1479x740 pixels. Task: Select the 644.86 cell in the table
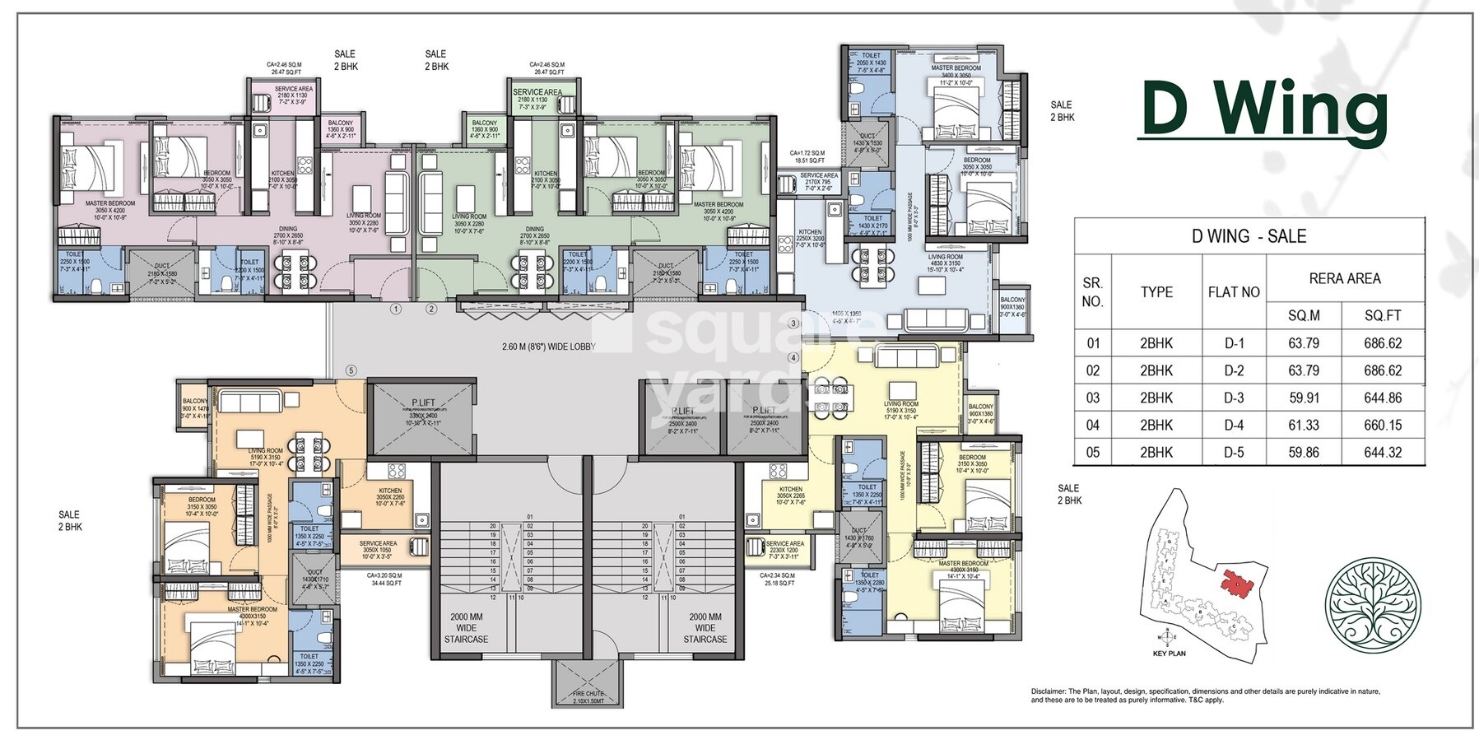[x=1383, y=398]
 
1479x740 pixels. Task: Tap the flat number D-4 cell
[x=1233, y=425]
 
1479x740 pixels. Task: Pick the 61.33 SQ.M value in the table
[x=1304, y=425]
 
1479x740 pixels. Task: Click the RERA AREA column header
[x=1344, y=279]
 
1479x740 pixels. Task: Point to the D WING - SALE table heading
[x=1249, y=236]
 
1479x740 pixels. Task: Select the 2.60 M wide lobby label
[x=548, y=347]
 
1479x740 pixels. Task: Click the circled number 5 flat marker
[x=351, y=370]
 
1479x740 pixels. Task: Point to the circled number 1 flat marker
[x=396, y=309]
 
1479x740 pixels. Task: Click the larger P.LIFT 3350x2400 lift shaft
[x=422, y=417]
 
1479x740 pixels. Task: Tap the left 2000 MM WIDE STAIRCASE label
[x=466, y=627]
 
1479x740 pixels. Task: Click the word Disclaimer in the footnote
[x=1048, y=691]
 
